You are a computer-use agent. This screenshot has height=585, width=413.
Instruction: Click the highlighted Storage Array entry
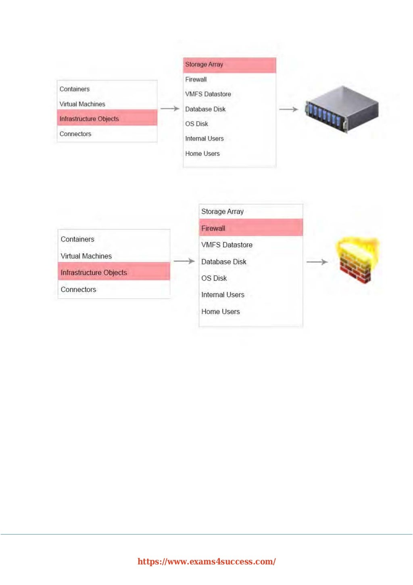[204, 65]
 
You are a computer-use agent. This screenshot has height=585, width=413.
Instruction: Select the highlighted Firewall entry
[213, 229]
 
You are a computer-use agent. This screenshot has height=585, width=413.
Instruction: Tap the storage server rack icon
[342, 109]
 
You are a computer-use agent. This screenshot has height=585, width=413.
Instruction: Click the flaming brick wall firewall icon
[356, 261]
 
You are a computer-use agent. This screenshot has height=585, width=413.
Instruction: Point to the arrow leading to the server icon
[289, 109]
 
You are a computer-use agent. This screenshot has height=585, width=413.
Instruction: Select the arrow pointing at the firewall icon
[317, 262]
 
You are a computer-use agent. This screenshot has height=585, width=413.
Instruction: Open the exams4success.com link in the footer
[206, 562]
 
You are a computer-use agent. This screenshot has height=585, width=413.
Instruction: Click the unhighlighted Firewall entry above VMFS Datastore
[196, 80]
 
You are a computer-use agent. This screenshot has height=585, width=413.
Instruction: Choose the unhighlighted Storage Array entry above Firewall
[222, 212]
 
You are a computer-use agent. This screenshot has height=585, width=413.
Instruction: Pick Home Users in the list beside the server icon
[202, 154]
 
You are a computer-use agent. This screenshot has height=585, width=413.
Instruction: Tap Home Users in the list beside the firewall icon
[221, 312]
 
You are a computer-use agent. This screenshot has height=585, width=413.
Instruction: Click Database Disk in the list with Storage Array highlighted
[205, 109]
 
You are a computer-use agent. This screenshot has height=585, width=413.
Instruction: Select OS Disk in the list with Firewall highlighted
[214, 278]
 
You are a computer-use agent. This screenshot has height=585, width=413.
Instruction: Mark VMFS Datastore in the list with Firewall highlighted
[227, 245]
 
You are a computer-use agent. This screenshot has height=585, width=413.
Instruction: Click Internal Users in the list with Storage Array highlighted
[204, 139]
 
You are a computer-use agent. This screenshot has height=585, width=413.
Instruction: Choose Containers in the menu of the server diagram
[75, 89]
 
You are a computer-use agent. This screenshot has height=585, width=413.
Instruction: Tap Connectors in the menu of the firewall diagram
[79, 289]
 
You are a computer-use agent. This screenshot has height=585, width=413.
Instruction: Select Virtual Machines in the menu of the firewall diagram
[86, 256]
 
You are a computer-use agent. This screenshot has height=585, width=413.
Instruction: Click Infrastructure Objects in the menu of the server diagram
[89, 119]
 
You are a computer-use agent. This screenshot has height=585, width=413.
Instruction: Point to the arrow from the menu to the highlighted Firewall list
[184, 261]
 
